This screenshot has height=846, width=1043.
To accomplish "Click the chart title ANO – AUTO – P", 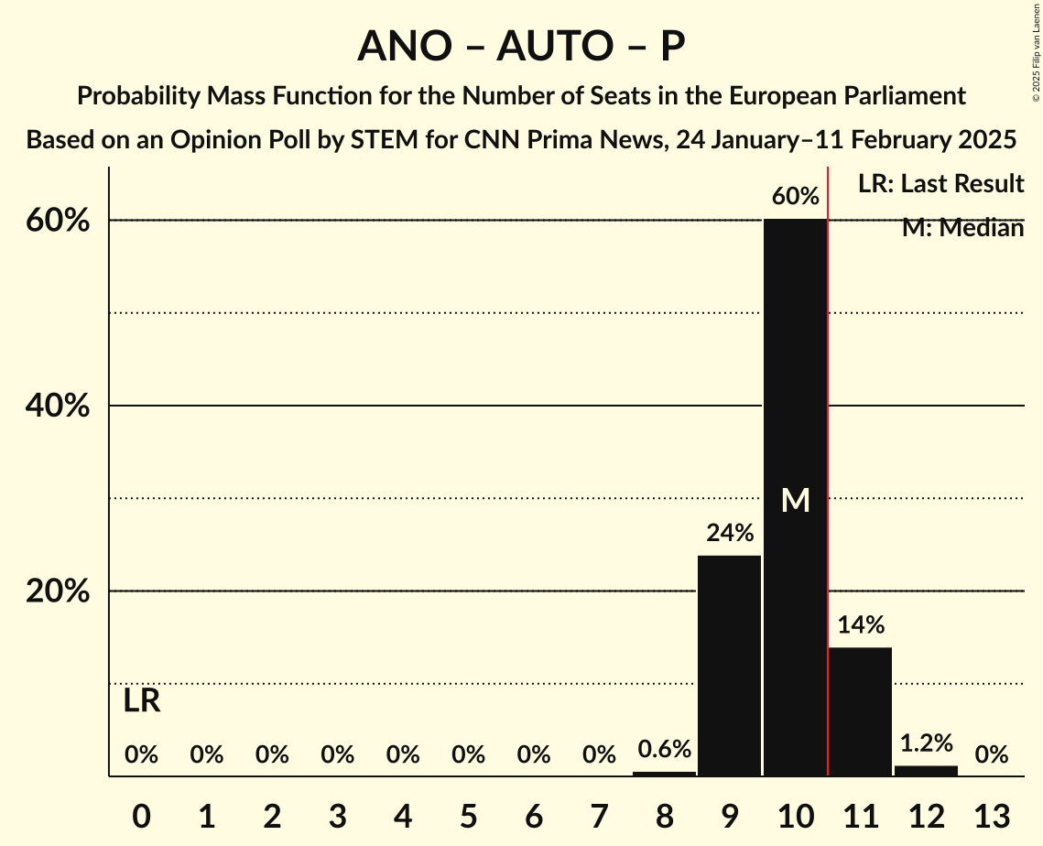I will pos(521,46).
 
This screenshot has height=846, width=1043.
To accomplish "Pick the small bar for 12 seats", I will pos(926,770).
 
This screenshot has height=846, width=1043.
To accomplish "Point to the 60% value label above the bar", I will pos(795,196).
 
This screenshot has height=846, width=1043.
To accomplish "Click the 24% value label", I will pos(729,533).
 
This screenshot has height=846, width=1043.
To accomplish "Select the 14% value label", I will pos(861,625).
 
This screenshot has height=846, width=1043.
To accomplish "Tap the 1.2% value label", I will pos(926,743).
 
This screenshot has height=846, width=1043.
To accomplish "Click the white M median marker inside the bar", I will pos(795,500).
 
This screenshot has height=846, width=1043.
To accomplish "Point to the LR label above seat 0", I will pos(142,701).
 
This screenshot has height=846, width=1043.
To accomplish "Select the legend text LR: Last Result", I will pos(940,184).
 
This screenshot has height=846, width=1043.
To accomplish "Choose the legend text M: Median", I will pos(962,228).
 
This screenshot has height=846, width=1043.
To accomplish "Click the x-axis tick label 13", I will pos(991,814).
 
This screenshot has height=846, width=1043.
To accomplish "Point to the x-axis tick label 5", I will pos(468,814).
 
